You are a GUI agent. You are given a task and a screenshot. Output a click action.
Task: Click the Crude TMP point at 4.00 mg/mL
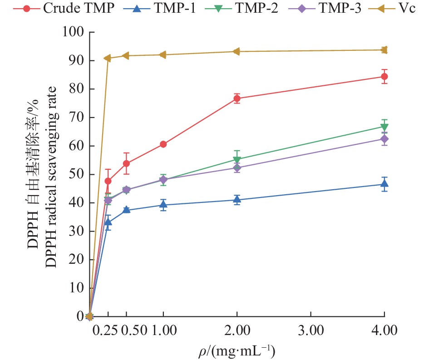pos(384,77)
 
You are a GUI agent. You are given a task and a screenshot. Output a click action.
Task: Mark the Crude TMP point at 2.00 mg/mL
pos(237,99)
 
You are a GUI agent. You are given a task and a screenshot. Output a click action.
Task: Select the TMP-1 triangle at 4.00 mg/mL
pos(384,184)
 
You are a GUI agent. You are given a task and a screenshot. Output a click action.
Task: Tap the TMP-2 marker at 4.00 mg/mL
pos(384,127)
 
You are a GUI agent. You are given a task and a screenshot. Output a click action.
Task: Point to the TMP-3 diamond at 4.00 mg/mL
pos(384,139)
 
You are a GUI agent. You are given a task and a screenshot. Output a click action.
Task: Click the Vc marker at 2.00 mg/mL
pos(237,52)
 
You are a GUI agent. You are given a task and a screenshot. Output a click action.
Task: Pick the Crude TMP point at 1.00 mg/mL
pos(163,144)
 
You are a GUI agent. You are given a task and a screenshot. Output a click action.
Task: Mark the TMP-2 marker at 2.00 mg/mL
pos(237,160)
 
